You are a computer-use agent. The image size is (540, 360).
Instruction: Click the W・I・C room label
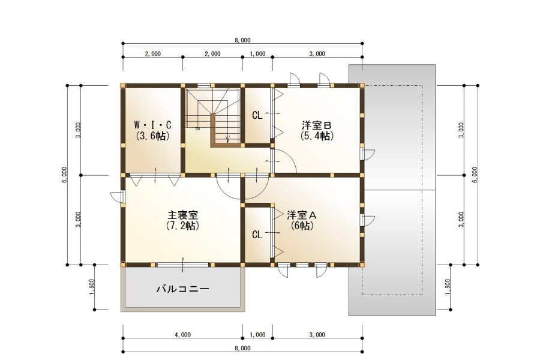pyautogui.click(x=152, y=124)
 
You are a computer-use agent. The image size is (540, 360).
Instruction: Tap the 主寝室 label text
pyautogui.click(x=182, y=215)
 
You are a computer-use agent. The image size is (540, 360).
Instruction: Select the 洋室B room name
pyautogui.click(x=316, y=124)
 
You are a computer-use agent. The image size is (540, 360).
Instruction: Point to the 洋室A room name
pyautogui.click(x=302, y=215)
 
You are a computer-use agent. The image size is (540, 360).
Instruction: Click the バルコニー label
pyautogui.click(x=183, y=289)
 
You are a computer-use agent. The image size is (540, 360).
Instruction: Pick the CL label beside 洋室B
pyautogui.click(x=257, y=115)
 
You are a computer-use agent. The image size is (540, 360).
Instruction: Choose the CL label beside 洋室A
pyautogui.click(x=257, y=235)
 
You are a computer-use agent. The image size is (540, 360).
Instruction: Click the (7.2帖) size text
pyautogui.click(x=182, y=226)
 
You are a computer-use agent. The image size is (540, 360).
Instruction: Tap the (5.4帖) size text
pyautogui.click(x=317, y=136)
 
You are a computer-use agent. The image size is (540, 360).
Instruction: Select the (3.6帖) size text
pyautogui.click(x=152, y=136)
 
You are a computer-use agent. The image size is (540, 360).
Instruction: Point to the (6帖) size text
pyautogui.click(x=302, y=226)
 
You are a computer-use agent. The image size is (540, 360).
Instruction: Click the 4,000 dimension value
pyautogui.click(x=183, y=335)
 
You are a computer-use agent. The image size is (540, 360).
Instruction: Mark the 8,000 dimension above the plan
pyautogui.click(x=242, y=40)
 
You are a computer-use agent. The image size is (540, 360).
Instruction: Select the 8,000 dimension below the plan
pyautogui.click(x=242, y=348)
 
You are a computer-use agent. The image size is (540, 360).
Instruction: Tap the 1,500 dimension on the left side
pyautogui.click(x=91, y=287)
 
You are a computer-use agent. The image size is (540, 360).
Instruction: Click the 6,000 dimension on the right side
pyautogui.click(x=475, y=175)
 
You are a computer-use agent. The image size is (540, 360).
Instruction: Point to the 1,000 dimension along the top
pyautogui.click(x=257, y=54)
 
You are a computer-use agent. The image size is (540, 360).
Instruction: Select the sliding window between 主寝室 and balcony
pyautogui.click(x=183, y=265)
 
